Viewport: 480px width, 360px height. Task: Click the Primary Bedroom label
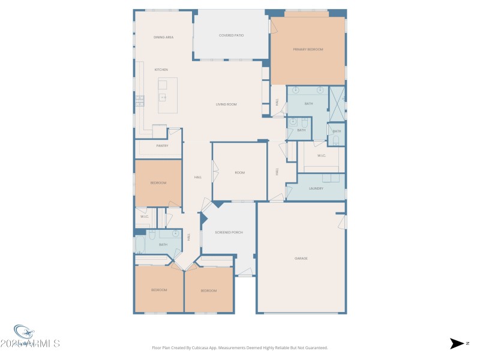point(308,49)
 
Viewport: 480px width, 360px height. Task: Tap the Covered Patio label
point(231,35)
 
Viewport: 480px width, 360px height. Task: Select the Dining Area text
point(163,37)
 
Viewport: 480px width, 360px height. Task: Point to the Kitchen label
point(161,70)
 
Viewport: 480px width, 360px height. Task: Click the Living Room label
point(226,104)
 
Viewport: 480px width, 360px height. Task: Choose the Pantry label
point(162,146)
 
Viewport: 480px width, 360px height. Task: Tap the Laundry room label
point(316,188)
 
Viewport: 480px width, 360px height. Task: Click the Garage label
point(301,259)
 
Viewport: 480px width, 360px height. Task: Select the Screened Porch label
point(229,232)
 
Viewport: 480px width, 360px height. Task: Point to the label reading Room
point(239,173)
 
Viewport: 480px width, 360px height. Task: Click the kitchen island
point(167,95)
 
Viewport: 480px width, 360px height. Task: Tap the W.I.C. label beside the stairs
point(144,217)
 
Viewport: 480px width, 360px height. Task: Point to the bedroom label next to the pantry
point(158,182)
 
